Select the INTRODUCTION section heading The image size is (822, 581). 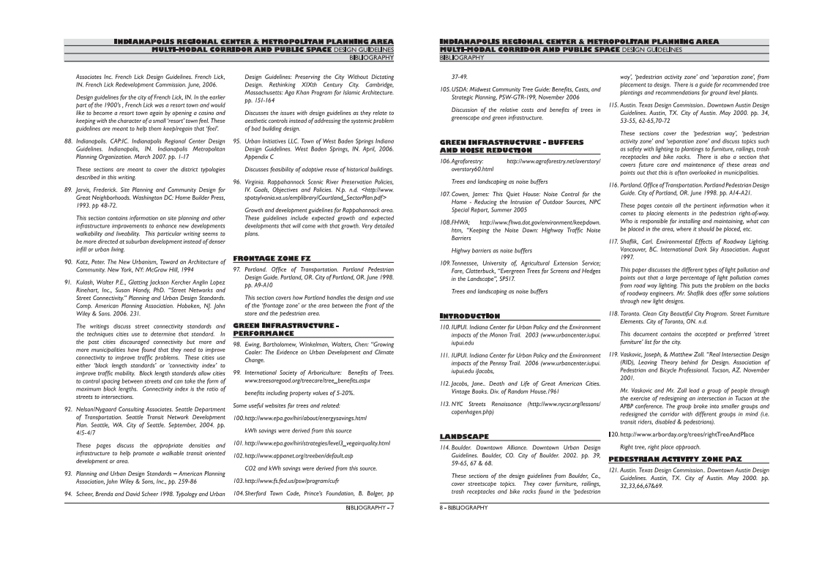pos(469,315)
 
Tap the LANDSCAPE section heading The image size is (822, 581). pos(464,436)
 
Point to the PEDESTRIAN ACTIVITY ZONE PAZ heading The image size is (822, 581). pos(665,459)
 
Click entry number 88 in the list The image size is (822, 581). pos(70,140)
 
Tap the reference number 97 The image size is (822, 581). pos(237,269)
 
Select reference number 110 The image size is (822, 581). pos(444,326)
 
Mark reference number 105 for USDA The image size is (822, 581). pos(444,89)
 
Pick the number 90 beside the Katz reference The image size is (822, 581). pos(70,261)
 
